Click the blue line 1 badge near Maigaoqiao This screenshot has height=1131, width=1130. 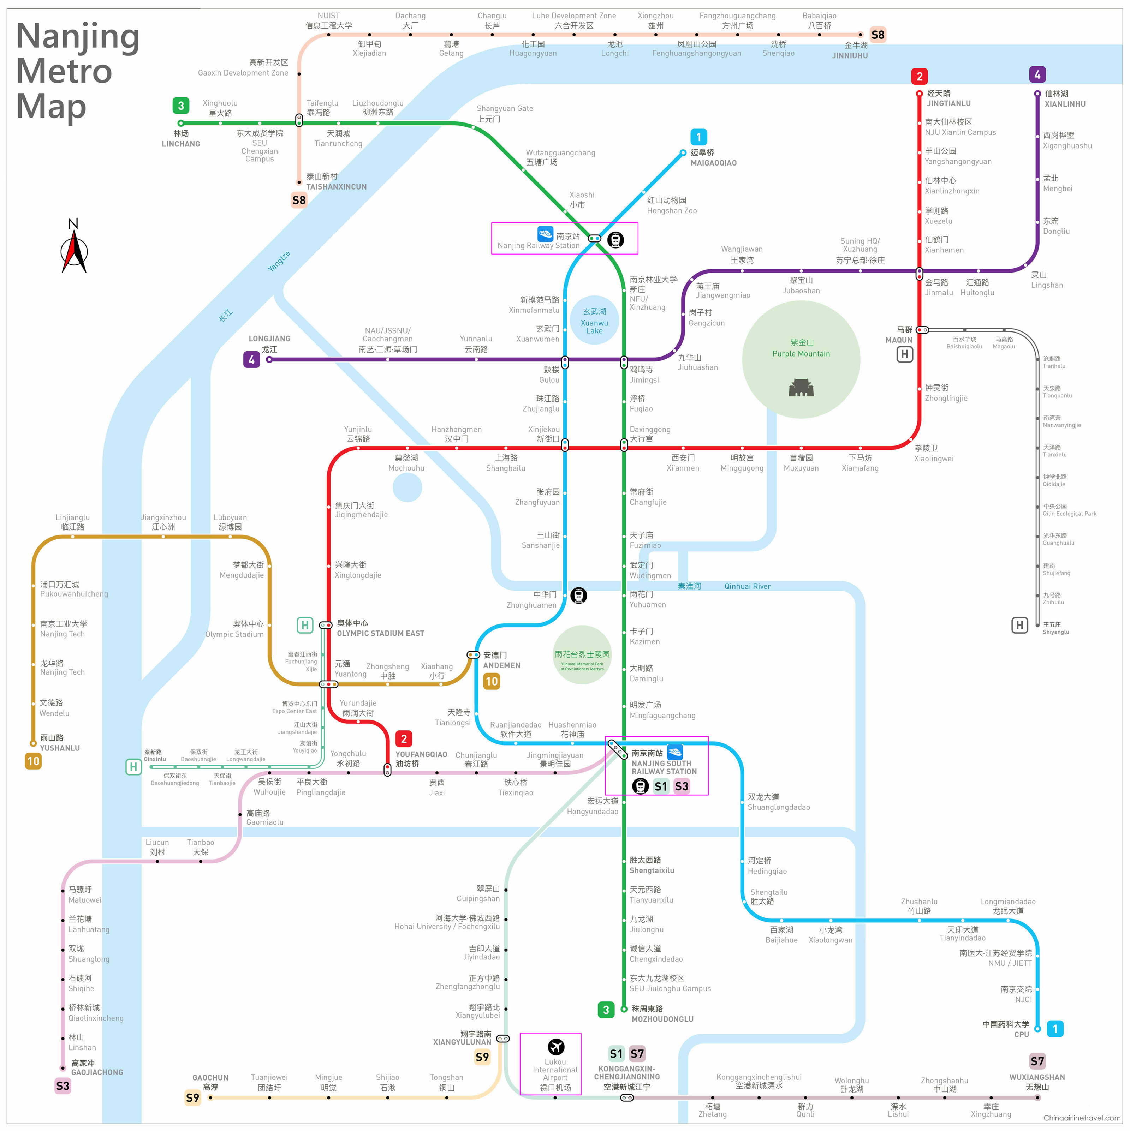coord(698,137)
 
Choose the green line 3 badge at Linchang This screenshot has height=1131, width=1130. coord(181,106)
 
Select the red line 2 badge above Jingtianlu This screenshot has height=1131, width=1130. coord(919,76)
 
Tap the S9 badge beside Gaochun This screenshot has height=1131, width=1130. coord(192,1097)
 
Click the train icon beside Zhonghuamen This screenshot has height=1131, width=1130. coord(578,596)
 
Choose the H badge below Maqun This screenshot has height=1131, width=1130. coord(905,354)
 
